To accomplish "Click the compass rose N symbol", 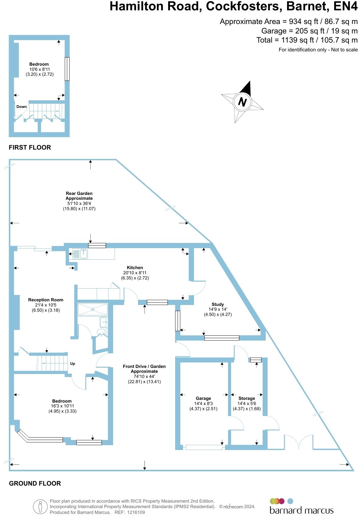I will [242, 102].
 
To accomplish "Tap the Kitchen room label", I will [135, 268].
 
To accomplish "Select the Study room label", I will [218, 304].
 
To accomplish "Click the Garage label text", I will [203, 398].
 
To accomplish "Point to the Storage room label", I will [247, 398].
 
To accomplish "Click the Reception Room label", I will [46, 300].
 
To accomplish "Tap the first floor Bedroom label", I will [39, 64].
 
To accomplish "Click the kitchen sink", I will [80, 254].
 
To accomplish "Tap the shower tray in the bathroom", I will [93, 309].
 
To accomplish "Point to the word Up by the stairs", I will [73, 364].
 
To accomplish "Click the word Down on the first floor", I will [22, 107].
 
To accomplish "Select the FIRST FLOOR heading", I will [30, 147].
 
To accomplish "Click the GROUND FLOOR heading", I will [35, 483].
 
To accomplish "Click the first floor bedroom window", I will [67, 69].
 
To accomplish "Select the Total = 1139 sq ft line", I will [307, 40].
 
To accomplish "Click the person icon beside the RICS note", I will [40, 507].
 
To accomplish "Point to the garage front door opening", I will [204, 447].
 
